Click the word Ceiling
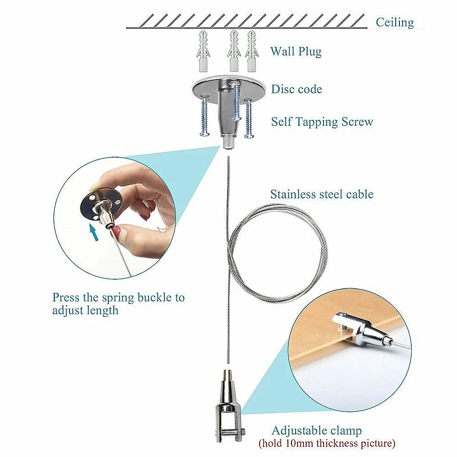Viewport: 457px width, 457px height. tap(395, 22)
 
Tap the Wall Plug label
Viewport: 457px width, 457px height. tap(296, 51)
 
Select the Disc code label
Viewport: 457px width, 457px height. tap(296, 89)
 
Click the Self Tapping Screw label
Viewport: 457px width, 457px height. tap(322, 122)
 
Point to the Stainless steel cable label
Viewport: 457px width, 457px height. tap(322, 194)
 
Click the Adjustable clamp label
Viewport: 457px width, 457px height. tap(316, 430)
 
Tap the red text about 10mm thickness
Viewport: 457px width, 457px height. tap(327, 443)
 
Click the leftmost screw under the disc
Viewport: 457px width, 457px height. tap(204, 118)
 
